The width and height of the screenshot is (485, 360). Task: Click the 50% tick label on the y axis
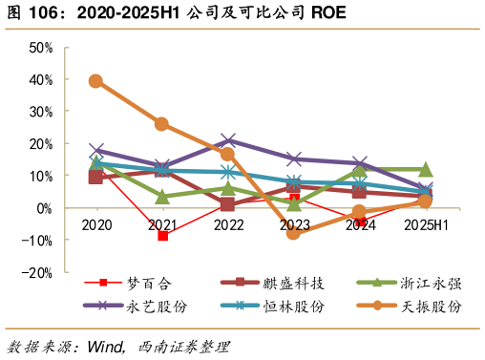pyautogui.click(x=40, y=47)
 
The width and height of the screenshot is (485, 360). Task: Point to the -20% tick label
pyautogui.click(x=38, y=272)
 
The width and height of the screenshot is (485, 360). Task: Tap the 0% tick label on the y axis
pyautogui.click(x=44, y=208)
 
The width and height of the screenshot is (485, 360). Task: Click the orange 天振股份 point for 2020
pyautogui.click(x=96, y=81)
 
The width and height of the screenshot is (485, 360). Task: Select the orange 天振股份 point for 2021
pyautogui.click(x=162, y=124)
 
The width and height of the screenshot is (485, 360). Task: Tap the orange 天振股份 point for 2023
pyautogui.click(x=294, y=233)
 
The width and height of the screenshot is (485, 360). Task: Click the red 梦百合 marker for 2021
pyautogui.click(x=162, y=235)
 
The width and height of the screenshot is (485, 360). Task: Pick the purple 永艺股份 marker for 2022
pyautogui.click(x=228, y=141)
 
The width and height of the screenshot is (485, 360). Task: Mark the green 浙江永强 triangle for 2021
pyautogui.click(x=162, y=197)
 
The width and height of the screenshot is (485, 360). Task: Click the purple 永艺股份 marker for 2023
pyautogui.click(x=294, y=159)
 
